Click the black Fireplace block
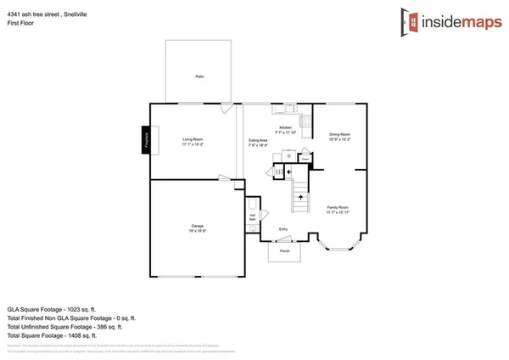pyautogui.click(x=146, y=140)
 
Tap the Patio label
pyautogui.click(x=199, y=76)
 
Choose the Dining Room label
pyautogui.click(x=339, y=137)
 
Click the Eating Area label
pyautogui.click(x=258, y=142)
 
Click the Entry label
pyautogui.click(x=282, y=229)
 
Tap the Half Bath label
pyautogui.click(x=253, y=217)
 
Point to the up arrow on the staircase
pyautogui.click(x=300, y=197)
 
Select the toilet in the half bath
pyautogui.click(x=251, y=205)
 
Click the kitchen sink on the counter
pyautogui.click(x=288, y=108)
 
